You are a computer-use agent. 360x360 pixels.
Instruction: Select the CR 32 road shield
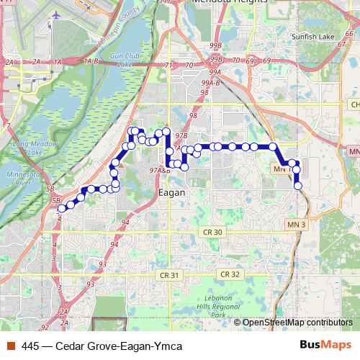click(229, 274)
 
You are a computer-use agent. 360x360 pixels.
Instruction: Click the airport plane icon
click(57, 14)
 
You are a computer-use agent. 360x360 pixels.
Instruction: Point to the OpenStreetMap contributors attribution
click(296, 323)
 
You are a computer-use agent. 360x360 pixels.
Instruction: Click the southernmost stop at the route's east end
click(298, 186)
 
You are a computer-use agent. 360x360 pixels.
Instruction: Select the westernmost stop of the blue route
click(61, 208)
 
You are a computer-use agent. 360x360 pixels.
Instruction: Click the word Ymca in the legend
click(168, 346)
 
